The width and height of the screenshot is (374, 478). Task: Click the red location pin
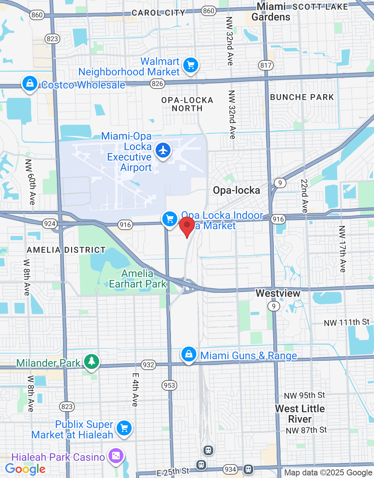point(187,226)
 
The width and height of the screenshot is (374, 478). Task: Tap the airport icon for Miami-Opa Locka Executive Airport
point(163,150)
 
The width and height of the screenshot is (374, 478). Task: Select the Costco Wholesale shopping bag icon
point(30,83)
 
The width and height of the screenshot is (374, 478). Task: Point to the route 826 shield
point(157,84)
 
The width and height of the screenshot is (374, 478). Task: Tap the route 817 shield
point(266,65)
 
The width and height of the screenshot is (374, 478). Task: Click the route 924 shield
point(50,224)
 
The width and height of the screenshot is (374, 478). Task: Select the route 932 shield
point(148,365)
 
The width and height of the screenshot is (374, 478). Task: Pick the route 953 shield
point(169,385)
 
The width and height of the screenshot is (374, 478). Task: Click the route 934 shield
point(230,469)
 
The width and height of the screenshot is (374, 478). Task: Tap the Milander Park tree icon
point(91,361)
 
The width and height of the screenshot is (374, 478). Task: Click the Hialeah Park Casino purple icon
point(116,456)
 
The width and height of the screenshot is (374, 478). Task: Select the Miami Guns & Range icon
point(189,354)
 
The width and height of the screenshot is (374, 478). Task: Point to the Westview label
point(278,293)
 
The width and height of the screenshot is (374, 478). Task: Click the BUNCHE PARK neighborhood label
point(302,97)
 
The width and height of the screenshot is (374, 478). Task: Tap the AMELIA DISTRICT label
point(66,250)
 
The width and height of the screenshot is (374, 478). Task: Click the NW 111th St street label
point(346,322)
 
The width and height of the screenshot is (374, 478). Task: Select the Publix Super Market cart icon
point(124,428)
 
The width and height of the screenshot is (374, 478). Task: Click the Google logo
point(25,469)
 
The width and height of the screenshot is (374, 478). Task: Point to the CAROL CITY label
point(158,13)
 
